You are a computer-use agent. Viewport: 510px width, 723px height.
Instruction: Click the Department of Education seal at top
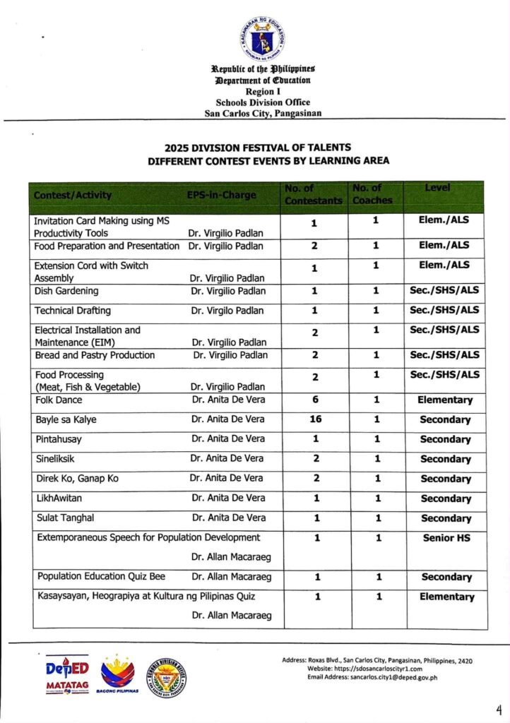pos(262,38)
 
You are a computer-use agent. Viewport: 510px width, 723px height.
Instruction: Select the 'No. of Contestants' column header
pos(313,194)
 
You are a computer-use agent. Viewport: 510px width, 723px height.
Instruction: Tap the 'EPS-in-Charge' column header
pos(222,195)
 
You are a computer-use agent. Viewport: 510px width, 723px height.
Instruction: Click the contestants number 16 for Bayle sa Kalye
pos(315,419)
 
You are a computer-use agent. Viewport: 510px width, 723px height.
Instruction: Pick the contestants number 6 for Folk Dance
pos(315,400)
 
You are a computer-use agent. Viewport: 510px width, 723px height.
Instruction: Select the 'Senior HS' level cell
pos(446,538)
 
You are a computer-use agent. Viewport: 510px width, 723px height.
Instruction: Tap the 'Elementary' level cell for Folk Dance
pos(445,400)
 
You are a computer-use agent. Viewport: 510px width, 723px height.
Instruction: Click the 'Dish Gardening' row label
pos(67,291)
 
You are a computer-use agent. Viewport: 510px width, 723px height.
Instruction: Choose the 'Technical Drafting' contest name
pos(73,311)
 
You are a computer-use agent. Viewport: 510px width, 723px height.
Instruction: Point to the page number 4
pos(499,709)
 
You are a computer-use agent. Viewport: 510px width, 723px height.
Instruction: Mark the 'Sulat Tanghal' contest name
pos(64,518)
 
